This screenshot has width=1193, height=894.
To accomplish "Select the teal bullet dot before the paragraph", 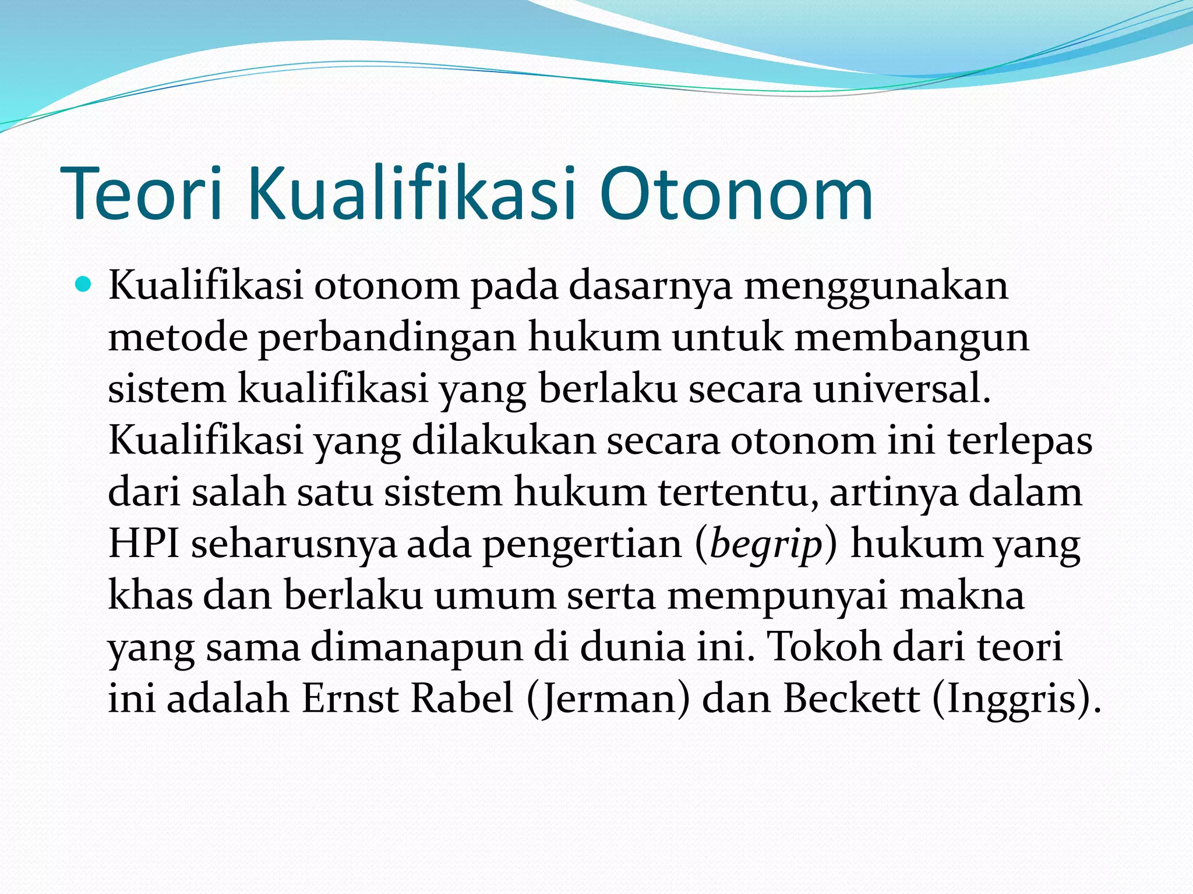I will pos(84,285).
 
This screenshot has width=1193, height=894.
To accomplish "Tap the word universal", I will pos(902,389).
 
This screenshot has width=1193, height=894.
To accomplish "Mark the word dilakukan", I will pos(504,441).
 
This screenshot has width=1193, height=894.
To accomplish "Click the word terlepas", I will pos(1019,441).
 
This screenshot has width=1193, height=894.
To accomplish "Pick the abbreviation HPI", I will pos(143,544).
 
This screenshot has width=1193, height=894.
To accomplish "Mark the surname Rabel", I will pos(462,698).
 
